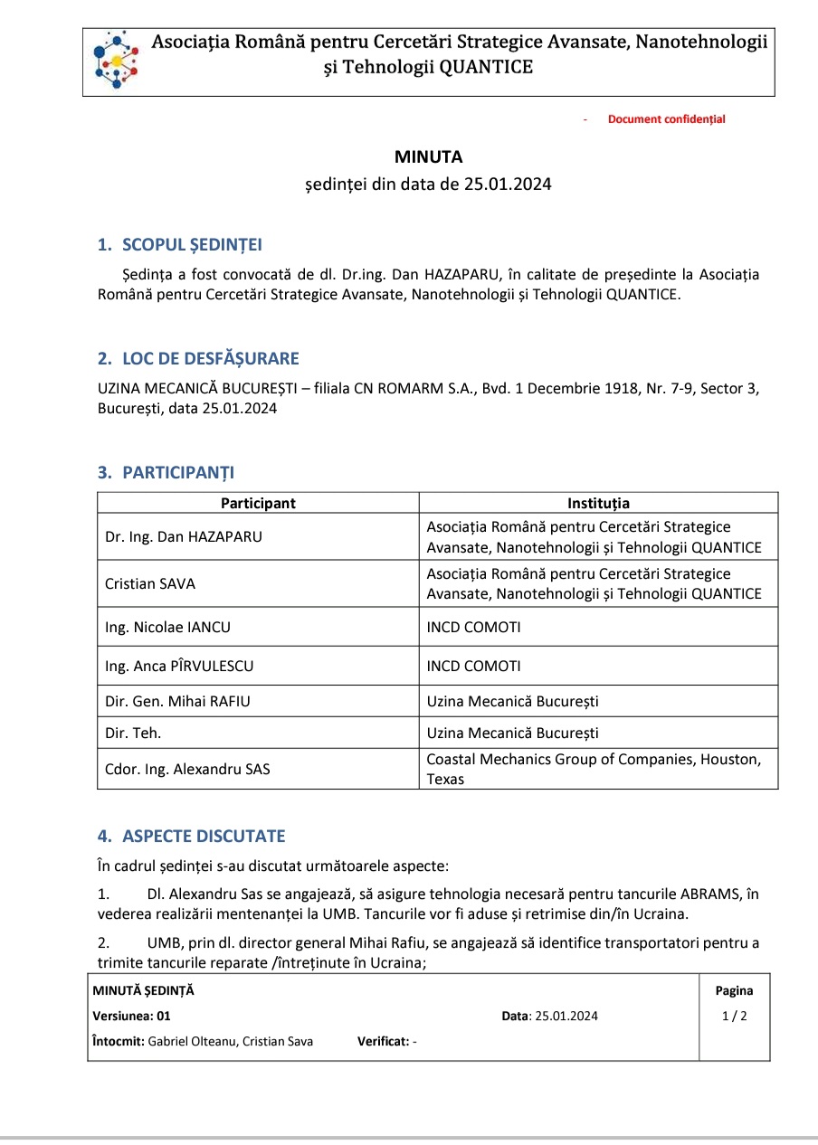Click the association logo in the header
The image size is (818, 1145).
coord(116,61)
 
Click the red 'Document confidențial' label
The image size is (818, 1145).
coord(666,119)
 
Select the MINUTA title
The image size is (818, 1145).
coord(428,156)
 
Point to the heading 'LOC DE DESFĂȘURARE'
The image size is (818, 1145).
coord(210,358)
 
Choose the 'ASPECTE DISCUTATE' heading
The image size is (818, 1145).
coord(204,836)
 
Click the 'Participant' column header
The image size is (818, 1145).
coord(258,504)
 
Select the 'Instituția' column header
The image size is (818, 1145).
coord(598,504)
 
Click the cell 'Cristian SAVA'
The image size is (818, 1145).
coord(150,583)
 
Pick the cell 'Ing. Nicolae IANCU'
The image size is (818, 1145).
coord(161,627)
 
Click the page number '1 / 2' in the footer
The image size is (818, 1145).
coord(734,1016)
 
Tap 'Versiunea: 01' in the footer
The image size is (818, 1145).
coord(131,1016)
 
